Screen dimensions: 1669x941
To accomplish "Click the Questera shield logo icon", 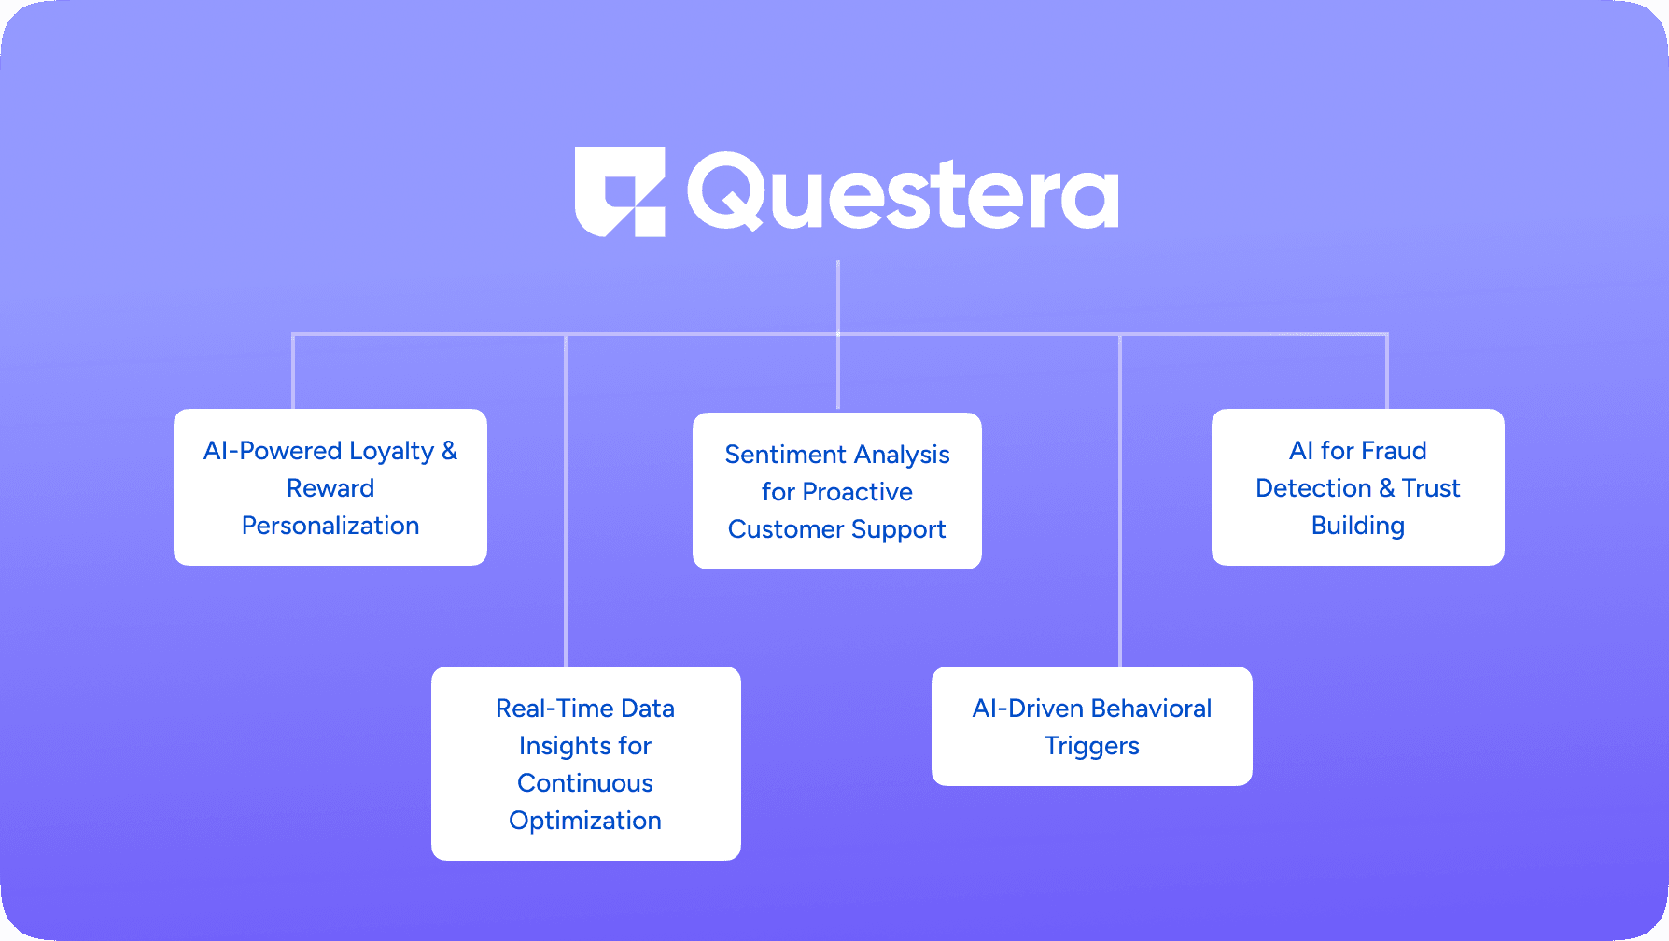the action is pyautogui.click(x=620, y=191).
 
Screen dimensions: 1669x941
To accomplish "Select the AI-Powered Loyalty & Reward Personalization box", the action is pyautogui.click(x=330, y=487).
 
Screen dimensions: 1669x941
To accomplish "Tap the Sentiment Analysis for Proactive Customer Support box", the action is pyautogui.click(x=837, y=491).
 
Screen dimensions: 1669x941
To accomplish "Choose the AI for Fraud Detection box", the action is pyautogui.click(x=1358, y=487).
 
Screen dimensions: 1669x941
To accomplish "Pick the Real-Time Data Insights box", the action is pyautogui.click(x=586, y=764).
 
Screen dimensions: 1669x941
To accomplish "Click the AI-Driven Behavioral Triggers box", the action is pyautogui.click(x=1092, y=726).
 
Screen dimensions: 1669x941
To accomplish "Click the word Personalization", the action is pyautogui.click(x=330, y=526).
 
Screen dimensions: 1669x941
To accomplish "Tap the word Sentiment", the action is pyautogui.click(x=786, y=455).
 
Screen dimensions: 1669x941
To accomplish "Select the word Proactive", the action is pyautogui.click(x=858, y=492).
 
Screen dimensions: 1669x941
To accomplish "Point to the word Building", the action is pyautogui.click(x=1358, y=527).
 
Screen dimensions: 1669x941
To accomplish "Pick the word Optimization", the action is pyautogui.click(x=585, y=822).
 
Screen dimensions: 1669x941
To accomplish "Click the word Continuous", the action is pyautogui.click(x=585, y=783).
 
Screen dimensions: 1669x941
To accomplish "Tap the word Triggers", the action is pyautogui.click(x=1092, y=747).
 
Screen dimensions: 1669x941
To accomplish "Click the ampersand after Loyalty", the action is pyautogui.click(x=450, y=451).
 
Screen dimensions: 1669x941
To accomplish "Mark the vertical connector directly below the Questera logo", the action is pyautogui.click(x=838, y=334).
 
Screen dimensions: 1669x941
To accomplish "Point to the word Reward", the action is pyautogui.click(x=330, y=488).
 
